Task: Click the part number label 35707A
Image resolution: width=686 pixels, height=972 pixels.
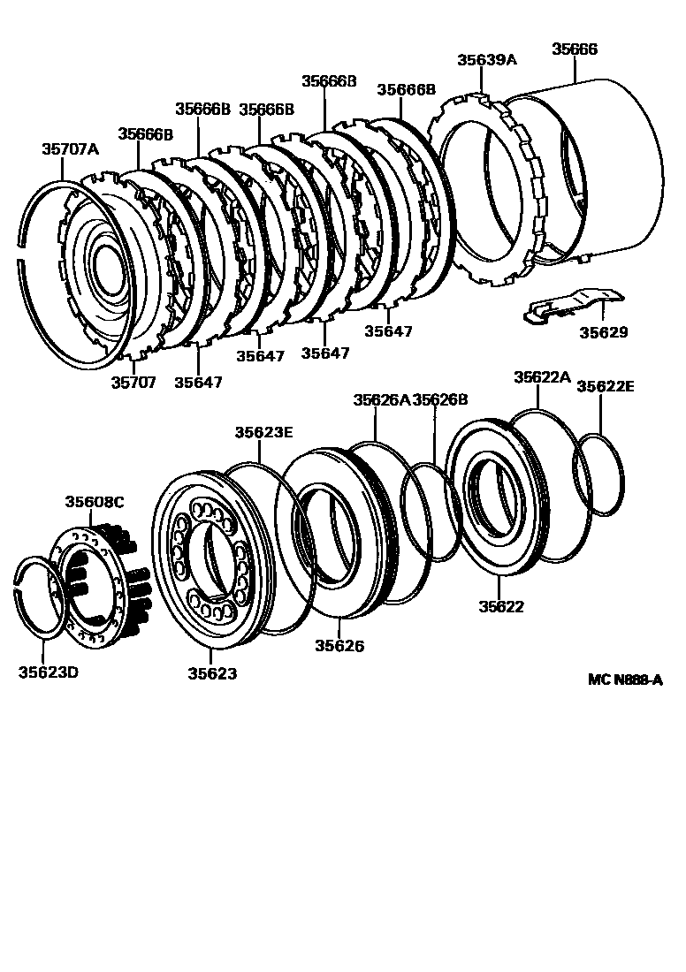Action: click(x=70, y=149)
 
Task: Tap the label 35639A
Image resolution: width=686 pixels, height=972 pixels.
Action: click(x=486, y=60)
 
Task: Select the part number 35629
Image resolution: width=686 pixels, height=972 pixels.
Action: click(x=603, y=332)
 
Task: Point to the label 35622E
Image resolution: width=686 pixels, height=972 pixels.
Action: click(x=606, y=386)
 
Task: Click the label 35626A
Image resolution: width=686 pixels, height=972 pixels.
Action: click(x=381, y=399)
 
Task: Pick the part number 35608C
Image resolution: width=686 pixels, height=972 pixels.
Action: click(x=95, y=502)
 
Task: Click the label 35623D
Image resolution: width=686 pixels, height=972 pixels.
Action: click(x=49, y=672)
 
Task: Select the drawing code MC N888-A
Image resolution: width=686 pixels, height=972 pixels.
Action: click(x=625, y=680)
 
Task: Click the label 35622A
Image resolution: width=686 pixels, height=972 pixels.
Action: click(x=542, y=377)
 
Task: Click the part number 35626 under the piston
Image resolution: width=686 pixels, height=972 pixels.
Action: click(x=339, y=646)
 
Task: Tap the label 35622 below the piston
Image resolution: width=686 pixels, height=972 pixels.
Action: click(x=501, y=607)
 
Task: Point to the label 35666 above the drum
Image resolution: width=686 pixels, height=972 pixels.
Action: click(x=575, y=49)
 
